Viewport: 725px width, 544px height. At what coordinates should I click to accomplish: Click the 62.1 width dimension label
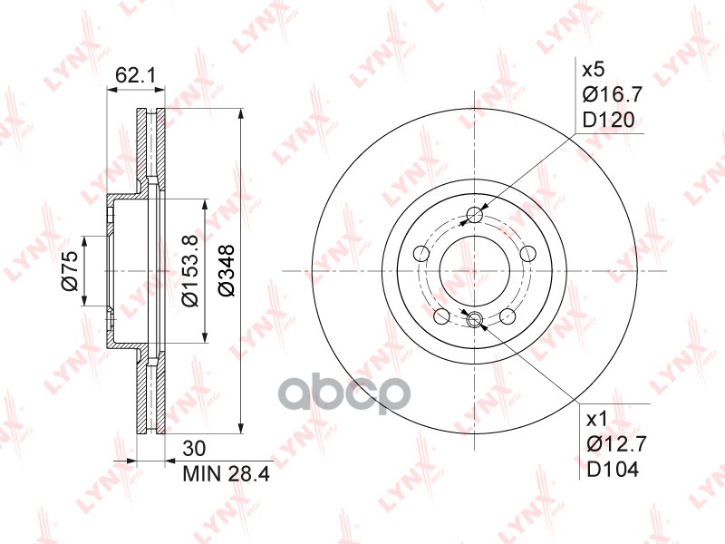coord(136,75)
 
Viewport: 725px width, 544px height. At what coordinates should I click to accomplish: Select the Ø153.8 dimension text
coord(190,270)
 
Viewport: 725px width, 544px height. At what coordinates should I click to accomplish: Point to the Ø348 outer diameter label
coord(227,270)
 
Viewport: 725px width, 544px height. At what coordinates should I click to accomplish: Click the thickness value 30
coord(194,448)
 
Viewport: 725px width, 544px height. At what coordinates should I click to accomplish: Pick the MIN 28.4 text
coord(226,473)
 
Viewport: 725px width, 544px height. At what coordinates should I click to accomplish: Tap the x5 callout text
coord(594,71)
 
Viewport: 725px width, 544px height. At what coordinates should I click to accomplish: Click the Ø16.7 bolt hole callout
coord(613,95)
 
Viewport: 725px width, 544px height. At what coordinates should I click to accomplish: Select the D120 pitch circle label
coord(608,121)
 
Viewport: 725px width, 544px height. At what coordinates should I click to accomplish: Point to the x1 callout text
coord(597,420)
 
